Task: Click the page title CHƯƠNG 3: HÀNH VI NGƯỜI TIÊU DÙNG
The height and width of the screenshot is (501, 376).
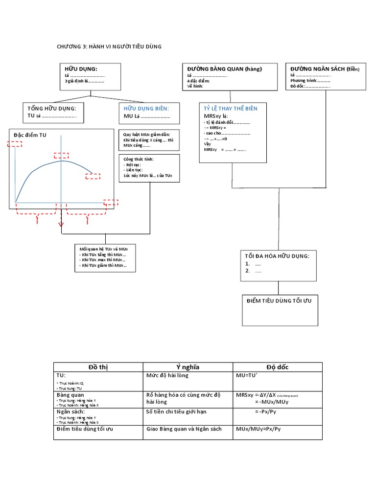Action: tap(109, 46)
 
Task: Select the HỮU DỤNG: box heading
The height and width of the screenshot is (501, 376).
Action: tap(81, 69)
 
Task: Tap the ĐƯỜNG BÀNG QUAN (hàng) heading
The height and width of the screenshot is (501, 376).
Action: tap(224, 69)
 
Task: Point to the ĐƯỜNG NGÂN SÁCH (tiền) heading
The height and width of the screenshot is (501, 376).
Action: tap(325, 69)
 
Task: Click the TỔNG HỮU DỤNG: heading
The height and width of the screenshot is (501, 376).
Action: tap(52, 108)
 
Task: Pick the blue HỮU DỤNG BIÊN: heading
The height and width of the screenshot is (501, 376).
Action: tap(146, 108)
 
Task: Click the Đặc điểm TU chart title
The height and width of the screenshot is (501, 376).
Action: tap(30, 135)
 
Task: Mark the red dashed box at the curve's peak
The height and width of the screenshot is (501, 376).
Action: tap(61, 155)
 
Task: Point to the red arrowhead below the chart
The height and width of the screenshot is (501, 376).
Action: tap(61, 225)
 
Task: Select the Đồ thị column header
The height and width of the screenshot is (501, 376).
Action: tap(98, 367)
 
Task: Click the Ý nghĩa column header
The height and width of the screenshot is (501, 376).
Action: tap(188, 367)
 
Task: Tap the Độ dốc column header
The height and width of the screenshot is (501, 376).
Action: tap(277, 367)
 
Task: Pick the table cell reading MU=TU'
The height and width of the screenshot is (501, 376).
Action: tap(250, 376)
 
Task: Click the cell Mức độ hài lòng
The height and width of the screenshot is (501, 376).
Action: tap(167, 376)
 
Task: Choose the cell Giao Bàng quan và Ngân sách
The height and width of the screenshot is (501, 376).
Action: tap(184, 429)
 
